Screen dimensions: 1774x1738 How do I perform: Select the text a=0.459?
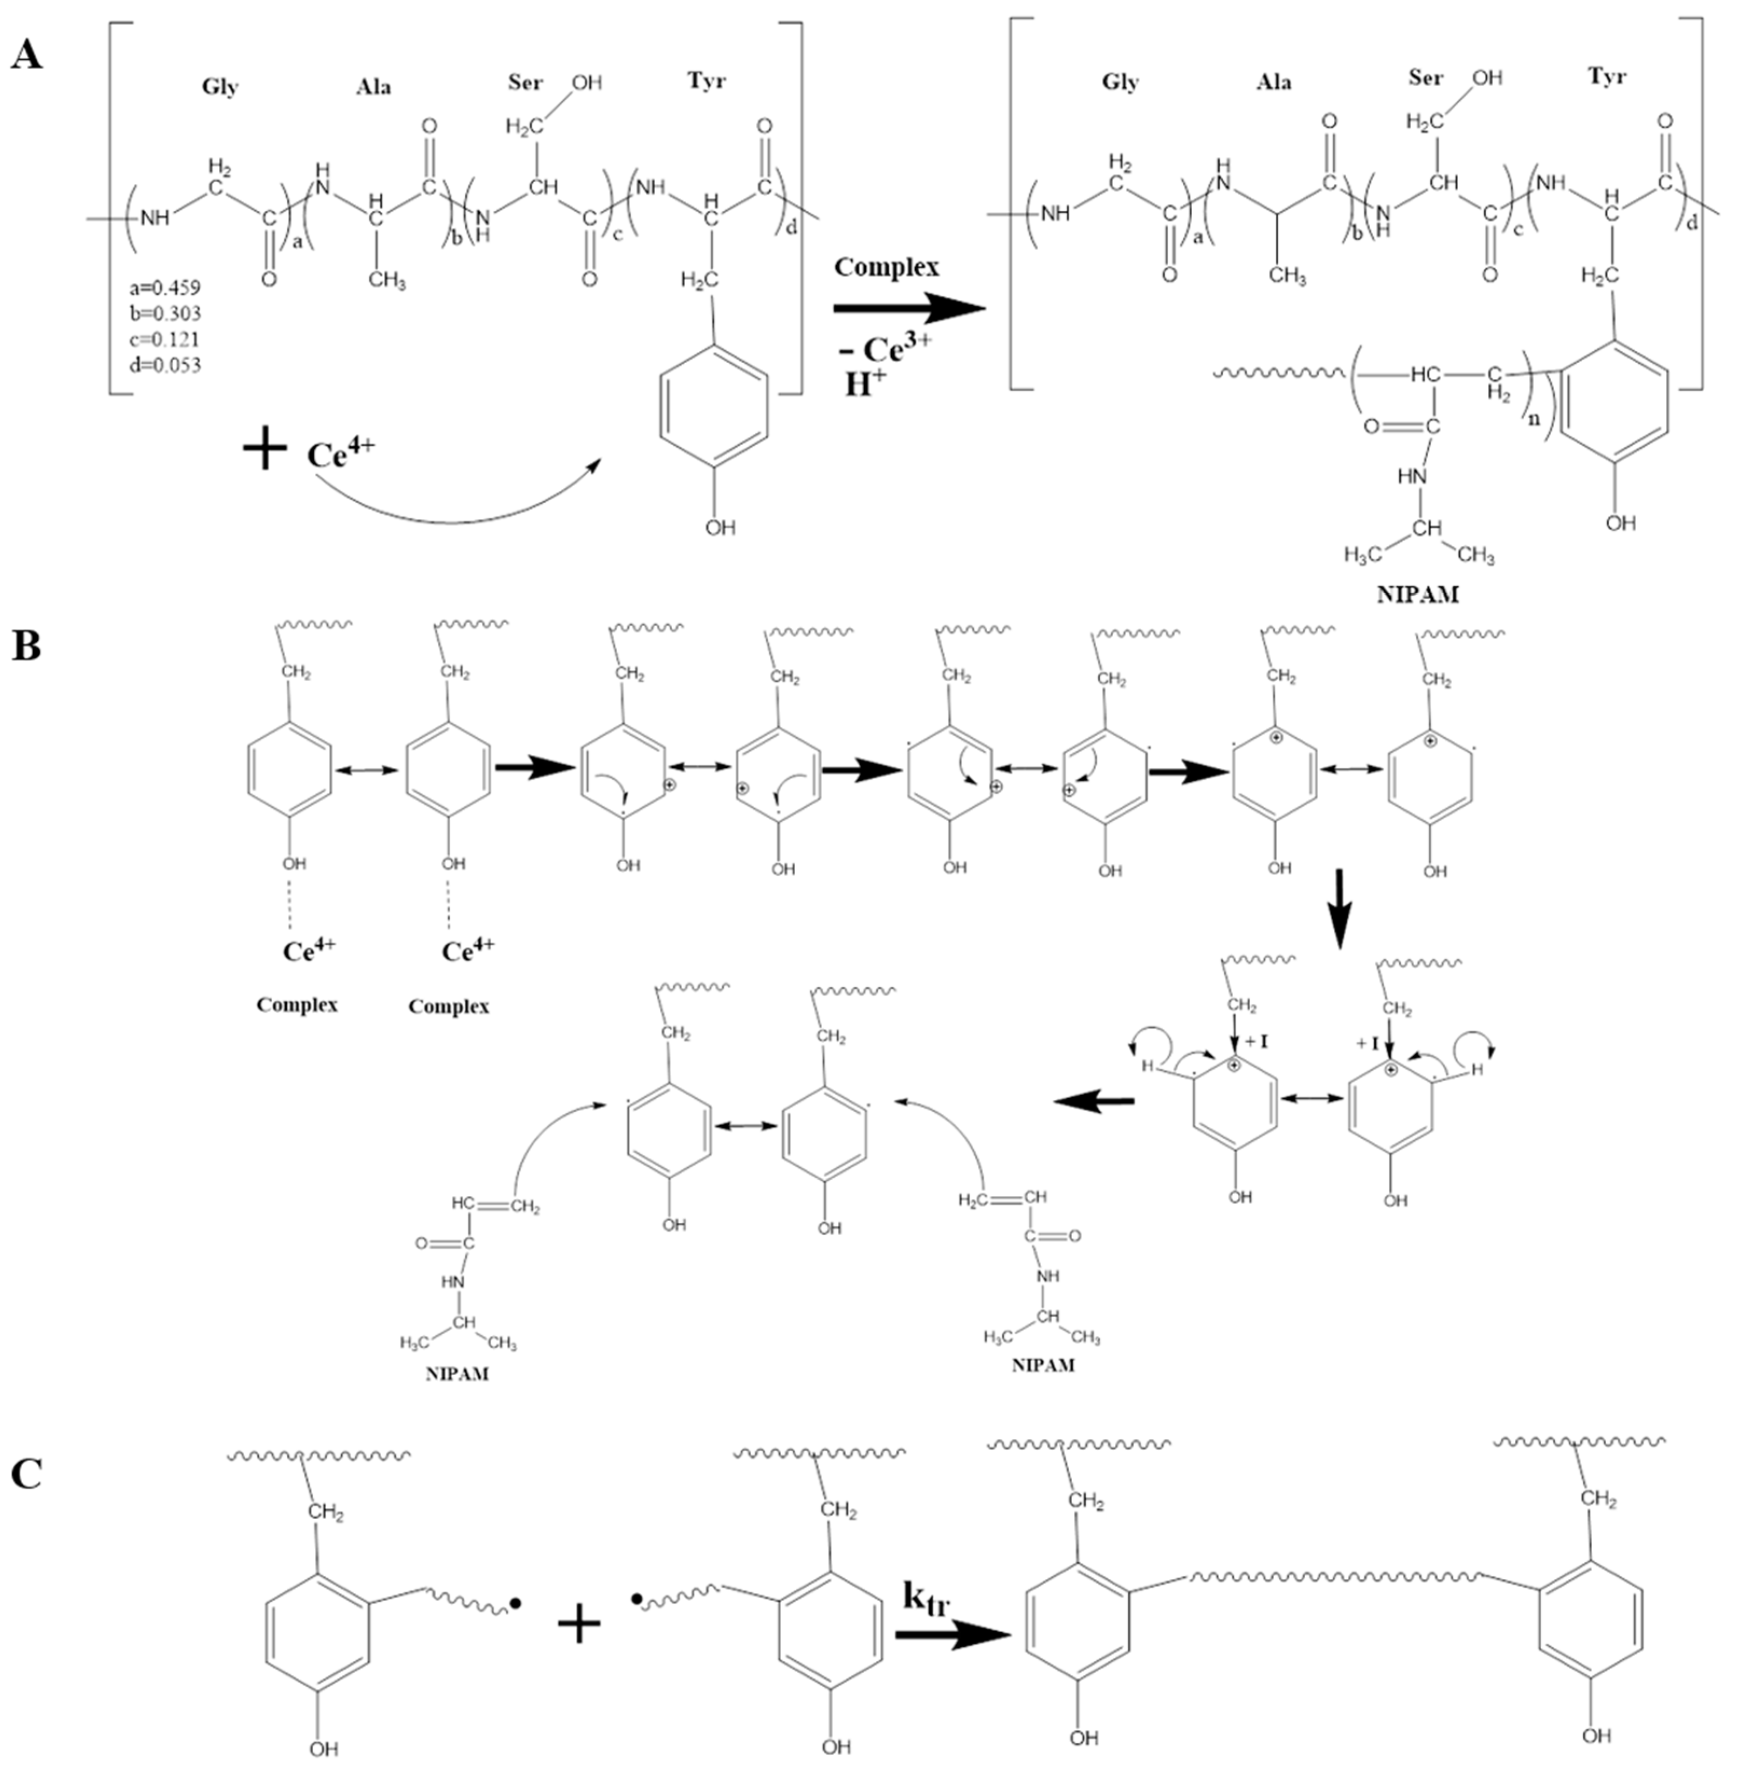pyautogui.click(x=165, y=287)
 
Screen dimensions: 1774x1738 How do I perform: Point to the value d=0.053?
pyautogui.click(x=165, y=365)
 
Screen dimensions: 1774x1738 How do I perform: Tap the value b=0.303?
pyautogui.click(x=165, y=313)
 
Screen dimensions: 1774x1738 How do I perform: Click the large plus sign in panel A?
pyautogui.click(x=265, y=451)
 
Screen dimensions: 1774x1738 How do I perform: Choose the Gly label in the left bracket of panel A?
pyautogui.click(x=220, y=87)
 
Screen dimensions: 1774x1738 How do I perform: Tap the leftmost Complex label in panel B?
pyautogui.click(x=296, y=1004)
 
